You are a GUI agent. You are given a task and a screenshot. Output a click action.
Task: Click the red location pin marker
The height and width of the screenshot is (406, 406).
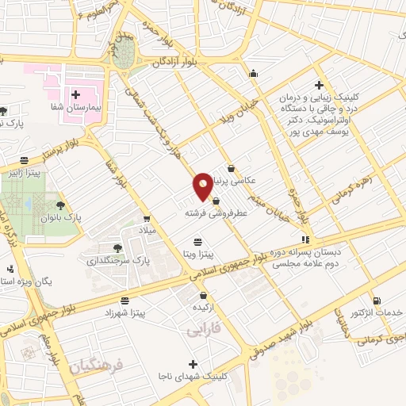click(x=203, y=186)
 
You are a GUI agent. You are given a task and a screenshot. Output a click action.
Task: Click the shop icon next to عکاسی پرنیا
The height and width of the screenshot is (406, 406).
click(x=231, y=168)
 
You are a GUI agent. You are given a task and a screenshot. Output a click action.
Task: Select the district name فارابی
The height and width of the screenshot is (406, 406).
click(x=203, y=329)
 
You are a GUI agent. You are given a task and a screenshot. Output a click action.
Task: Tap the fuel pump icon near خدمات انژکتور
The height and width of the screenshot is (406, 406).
click(x=375, y=300)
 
